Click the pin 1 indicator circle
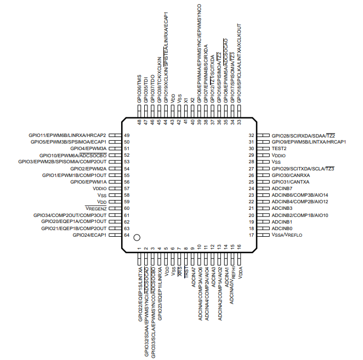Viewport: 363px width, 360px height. pyautogui.click(x=138, y=237)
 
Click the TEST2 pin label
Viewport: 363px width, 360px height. pyautogui.click(x=280, y=148)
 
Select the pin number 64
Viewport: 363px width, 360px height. pyautogui.click(x=127, y=235)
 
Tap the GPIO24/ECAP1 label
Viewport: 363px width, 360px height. pyautogui.click(x=89, y=235)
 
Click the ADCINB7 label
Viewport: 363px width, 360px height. pyautogui.click(x=282, y=188)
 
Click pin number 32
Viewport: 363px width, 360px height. pyautogui.click(x=251, y=135)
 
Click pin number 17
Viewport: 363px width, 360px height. pyautogui.click(x=251, y=235)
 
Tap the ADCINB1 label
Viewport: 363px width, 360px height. pyautogui.click(x=282, y=222)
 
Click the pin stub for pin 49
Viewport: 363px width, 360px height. pyautogui.click(x=114, y=135)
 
